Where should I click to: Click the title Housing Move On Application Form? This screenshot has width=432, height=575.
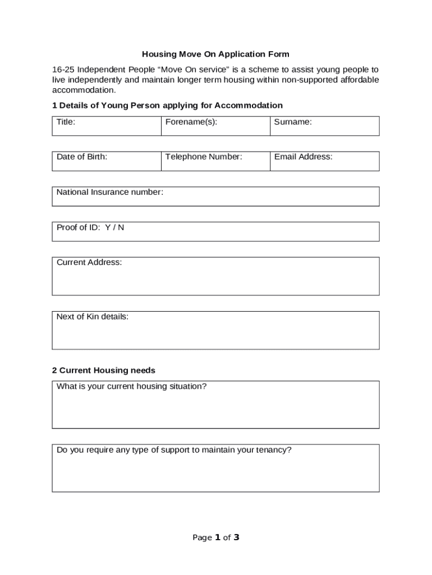(215, 54)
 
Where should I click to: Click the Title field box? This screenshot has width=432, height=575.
(107, 126)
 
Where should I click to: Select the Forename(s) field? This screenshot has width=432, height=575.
(215, 126)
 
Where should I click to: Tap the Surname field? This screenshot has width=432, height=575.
(324, 126)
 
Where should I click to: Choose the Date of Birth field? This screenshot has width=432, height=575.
(107, 161)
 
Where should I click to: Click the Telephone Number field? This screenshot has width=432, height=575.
(215, 161)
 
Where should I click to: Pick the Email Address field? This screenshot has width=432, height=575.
(324, 161)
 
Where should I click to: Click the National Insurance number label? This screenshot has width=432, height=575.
(110, 193)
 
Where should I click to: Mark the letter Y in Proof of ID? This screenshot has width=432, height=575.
(108, 227)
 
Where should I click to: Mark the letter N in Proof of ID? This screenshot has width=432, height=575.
(121, 227)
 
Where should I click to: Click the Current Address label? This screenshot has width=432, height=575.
(89, 262)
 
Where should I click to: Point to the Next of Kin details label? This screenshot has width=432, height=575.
(93, 317)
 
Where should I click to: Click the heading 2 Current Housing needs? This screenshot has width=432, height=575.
(104, 371)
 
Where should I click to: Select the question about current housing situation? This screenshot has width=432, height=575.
(132, 386)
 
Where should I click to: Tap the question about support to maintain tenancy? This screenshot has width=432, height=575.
(174, 450)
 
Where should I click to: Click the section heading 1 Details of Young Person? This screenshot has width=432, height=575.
(167, 106)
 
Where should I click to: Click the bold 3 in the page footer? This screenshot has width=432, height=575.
(236, 537)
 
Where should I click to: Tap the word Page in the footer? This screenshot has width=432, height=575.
(202, 538)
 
